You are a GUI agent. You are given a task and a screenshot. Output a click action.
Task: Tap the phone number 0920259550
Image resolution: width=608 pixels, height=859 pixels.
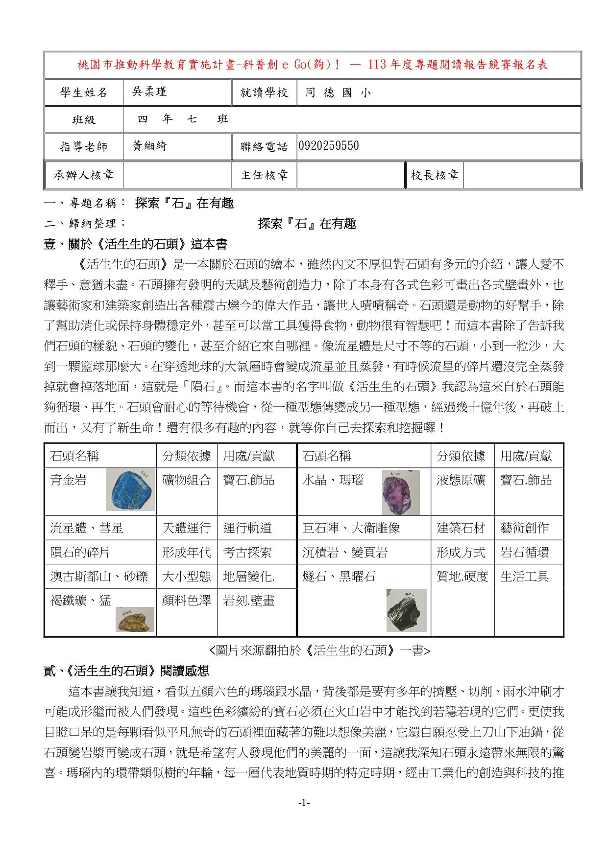(x=328, y=146)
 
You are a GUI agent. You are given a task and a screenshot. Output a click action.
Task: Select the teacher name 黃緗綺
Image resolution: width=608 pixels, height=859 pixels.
(x=149, y=146)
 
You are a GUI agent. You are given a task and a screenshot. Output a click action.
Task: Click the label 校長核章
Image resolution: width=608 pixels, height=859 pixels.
(x=434, y=175)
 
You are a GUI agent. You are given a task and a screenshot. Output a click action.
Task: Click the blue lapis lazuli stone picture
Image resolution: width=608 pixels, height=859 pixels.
(x=130, y=489)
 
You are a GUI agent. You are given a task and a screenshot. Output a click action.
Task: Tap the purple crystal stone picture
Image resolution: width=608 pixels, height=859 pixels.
(x=400, y=492)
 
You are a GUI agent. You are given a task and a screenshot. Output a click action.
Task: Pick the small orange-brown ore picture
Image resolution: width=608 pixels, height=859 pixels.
(x=135, y=619)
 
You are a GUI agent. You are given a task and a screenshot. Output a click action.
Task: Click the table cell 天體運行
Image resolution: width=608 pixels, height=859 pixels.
(x=187, y=528)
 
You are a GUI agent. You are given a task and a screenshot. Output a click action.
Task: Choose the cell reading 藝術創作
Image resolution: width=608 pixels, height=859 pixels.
(x=524, y=528)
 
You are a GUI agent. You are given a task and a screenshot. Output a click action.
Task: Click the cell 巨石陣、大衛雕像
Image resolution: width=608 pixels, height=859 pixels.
(x=351, y=528)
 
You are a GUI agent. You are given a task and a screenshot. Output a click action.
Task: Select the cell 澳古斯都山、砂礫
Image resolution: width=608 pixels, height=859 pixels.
(x=99, y=576)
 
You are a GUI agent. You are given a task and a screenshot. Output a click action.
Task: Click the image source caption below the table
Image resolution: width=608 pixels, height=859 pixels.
(x=319, y=650)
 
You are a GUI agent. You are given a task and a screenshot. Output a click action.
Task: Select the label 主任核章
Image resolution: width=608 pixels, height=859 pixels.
(x=264, y=175)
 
